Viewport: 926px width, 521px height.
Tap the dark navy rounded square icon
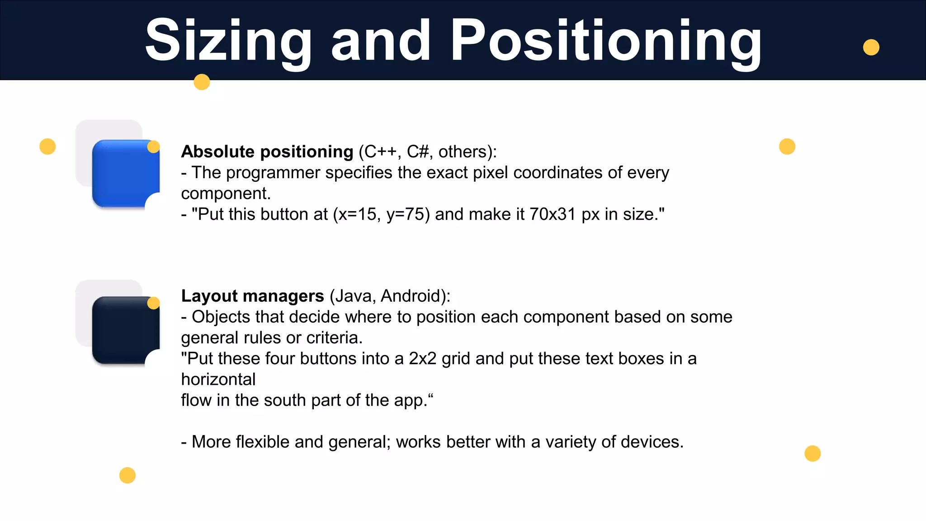click(x=124, y=331)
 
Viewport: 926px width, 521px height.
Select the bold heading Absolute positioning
click(x=267, y=152)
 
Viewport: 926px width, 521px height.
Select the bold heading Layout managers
click(x=252, y=296)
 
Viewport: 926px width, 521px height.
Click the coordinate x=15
click(x=357, y=214)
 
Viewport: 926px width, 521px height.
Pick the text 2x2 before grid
click(x=422, y=358)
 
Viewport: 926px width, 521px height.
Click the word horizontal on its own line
click(x=218, y=379)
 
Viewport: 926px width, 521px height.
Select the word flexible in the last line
click(x=262, y=441)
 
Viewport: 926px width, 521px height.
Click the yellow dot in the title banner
click(x=871, y=47)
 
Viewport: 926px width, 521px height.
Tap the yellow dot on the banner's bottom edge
click(x=202, y=82)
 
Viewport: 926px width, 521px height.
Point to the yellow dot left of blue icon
click(x=47, y=147)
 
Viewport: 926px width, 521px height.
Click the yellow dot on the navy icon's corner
click(x=154, y=303)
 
